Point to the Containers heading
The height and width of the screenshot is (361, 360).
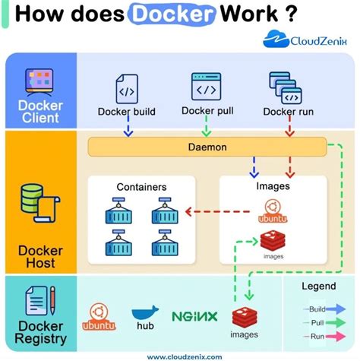click(141, 186)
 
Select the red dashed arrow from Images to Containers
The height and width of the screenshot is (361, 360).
click(203, 213)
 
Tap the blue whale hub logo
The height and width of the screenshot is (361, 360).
click(145, 315)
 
